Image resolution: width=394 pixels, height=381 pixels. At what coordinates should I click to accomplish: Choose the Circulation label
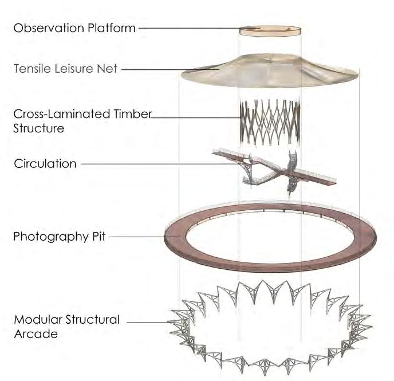(x=45, y=164)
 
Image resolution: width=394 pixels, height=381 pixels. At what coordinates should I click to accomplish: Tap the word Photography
(x=52, y=236)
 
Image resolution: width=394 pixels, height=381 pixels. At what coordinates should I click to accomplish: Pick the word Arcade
(x=36, y=333)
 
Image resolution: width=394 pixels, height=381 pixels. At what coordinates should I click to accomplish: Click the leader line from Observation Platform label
(x=189, y=27)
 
